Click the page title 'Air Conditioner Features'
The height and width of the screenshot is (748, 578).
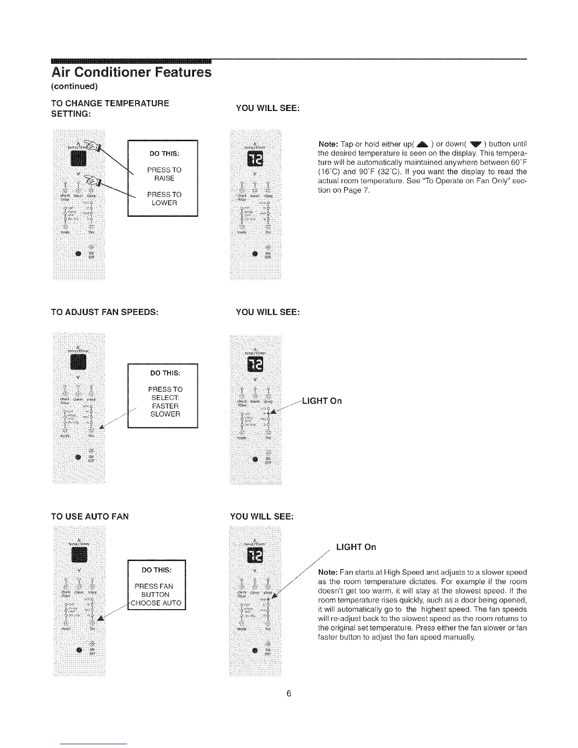(x=131, y=72)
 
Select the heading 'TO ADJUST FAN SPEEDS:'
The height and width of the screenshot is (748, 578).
(x=104, y=312)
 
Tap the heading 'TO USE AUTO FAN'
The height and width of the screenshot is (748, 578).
(x=90, y=516)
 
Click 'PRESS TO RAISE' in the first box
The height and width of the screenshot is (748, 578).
(x=164, y=174)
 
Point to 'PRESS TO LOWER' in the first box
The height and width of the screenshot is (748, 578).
(x=164, y=198)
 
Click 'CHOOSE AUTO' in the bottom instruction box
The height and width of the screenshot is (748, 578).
(x=156, y=603)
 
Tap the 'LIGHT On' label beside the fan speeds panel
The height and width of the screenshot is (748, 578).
(x=322, y=401)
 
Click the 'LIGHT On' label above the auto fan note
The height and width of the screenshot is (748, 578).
(x=356, y=547)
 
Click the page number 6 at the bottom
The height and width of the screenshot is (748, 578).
(x=289, y=693)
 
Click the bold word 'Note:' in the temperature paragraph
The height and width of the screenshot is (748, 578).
(x=329, y=144)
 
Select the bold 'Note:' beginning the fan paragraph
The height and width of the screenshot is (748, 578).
(x=329, y=572)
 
